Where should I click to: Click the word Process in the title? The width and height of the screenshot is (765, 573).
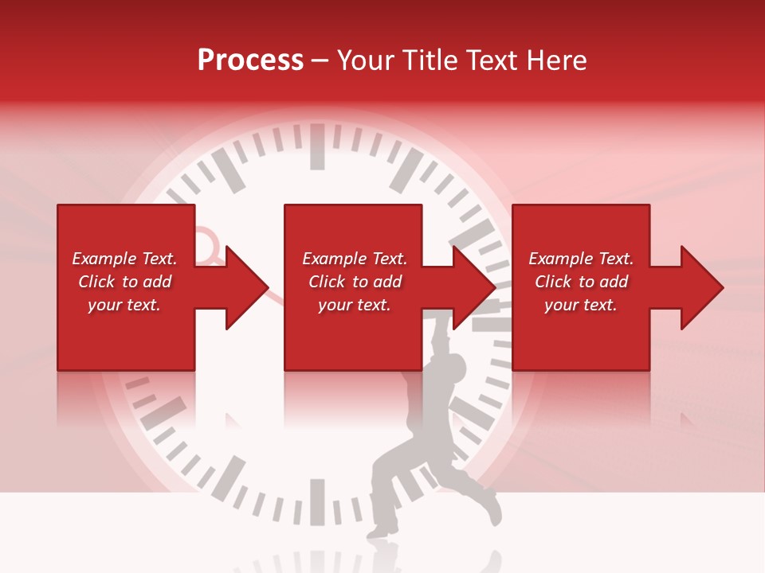[250, 60]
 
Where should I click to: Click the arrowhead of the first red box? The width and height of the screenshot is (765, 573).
[243, 287]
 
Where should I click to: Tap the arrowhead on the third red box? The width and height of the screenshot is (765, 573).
[698, 287]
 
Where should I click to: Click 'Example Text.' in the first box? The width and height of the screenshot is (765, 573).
[124, 259]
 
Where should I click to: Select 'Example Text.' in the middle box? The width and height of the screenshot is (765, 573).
[355, 259]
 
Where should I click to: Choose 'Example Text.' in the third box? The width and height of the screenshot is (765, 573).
[581, 259]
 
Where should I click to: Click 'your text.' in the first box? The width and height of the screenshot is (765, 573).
[124, 305]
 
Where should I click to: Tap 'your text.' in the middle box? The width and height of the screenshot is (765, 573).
[355, 305]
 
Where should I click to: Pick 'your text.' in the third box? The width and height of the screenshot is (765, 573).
[581, 305]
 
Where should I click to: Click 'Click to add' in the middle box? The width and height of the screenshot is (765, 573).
[355, 282]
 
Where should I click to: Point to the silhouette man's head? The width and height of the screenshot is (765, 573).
[453, 368]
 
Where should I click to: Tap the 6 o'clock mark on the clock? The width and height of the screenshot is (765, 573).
[317, 501]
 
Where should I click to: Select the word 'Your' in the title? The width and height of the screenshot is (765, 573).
[367, 60]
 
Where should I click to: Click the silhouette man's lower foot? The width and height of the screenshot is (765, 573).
[385, 526]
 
